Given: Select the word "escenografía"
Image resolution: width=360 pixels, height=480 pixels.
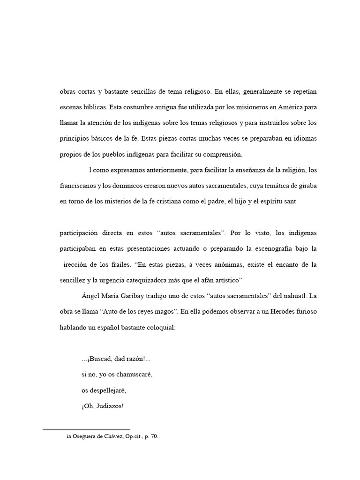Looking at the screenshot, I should click(267, 248).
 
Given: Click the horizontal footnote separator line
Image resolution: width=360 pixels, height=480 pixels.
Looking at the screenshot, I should click(86, 428).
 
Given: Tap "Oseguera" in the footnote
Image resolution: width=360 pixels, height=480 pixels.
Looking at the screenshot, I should click(88, 437).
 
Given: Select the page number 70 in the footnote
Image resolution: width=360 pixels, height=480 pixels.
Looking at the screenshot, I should click(154, 437).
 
